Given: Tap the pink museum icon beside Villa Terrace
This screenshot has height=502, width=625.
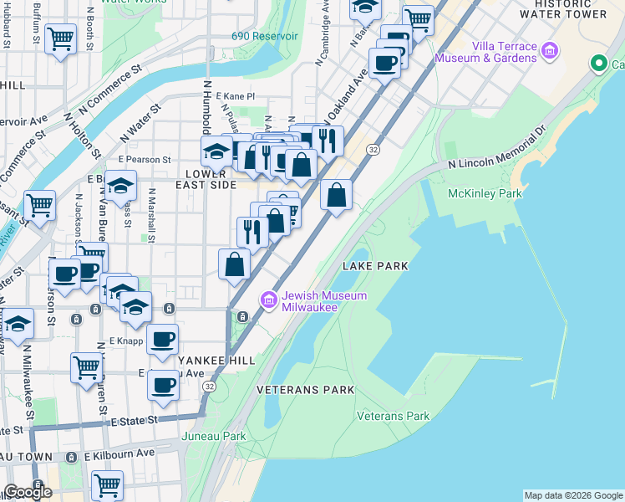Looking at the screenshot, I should (x=550, y=52).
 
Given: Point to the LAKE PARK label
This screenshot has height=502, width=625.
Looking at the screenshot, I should (x=375, y=266).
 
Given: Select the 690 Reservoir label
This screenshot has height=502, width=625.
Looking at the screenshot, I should (x=265, y=37).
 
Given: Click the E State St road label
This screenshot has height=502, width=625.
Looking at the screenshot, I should (x=135, y=423).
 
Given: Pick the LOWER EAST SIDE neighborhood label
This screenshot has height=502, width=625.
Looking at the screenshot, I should (x=206, y=178).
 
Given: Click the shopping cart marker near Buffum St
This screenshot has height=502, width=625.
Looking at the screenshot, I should (x=60, y=38).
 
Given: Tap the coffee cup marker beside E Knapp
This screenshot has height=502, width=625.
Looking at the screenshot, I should (x=163, y=339).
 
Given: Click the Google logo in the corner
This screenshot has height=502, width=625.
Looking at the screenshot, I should (x=28, y=492).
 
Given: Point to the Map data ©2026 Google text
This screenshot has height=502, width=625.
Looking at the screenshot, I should (x=572, y=495).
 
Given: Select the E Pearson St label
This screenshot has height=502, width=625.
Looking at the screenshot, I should (x=145, y=159).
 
